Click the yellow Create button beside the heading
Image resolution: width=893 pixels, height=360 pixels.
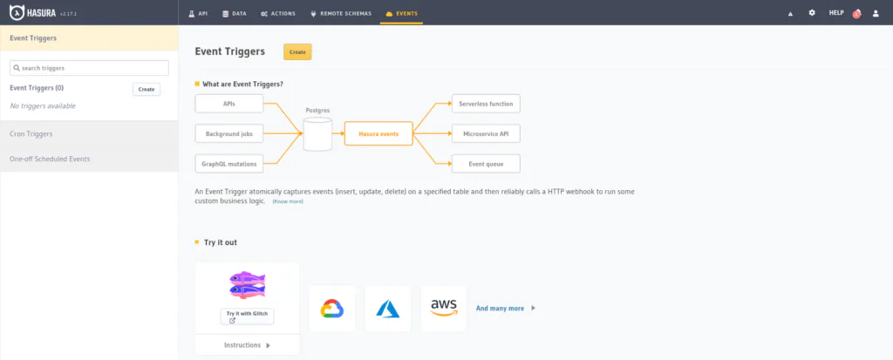(x=297, y=51)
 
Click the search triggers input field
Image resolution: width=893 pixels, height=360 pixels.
(x=90, y=68)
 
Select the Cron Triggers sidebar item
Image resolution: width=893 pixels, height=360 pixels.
(x=89, y=134)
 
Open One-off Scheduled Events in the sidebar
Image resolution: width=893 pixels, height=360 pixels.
(x=89, y=159)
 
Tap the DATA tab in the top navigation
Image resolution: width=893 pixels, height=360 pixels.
(x=234, y=13)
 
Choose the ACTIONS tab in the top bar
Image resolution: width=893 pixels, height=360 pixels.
(x=278, y=13)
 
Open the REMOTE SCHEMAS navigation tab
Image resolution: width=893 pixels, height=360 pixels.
(x=341, y=13)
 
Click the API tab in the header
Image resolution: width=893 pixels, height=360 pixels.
(x=198, y=13)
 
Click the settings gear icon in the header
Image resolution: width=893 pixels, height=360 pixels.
(x=812, y=12)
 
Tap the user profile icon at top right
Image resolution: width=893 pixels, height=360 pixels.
(x=876, y=13)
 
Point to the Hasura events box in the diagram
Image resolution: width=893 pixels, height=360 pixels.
(x=378, y=134)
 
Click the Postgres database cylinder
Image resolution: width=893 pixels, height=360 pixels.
(x=317, y=134)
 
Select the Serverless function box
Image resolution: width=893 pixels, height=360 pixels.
(x=486, y=104)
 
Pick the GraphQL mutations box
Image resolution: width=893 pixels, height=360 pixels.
(x=229, y=164)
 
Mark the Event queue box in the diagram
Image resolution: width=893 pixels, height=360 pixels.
(x=486, y=164)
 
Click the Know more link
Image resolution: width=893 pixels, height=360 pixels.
(x=288, y=201)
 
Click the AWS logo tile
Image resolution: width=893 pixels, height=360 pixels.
(x=444, y=309)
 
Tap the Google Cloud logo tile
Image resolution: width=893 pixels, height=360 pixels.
(x=332, y=309)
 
